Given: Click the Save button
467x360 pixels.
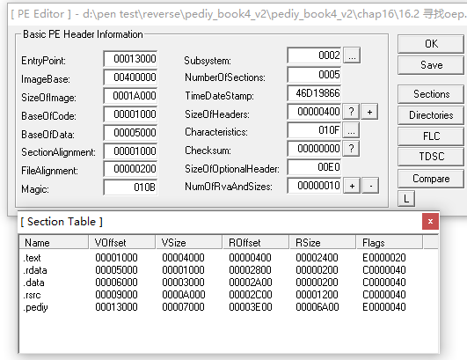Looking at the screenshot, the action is (x=431, y=65).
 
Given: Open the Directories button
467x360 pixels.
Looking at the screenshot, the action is (x=431, y=115).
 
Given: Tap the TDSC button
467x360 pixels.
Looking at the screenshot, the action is (x=431, y=156).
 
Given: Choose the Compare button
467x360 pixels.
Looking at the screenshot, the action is (x=431, y=179).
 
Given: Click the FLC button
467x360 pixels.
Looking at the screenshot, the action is (x=431, y=136).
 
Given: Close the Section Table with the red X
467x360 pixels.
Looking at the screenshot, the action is (x=430, y=221).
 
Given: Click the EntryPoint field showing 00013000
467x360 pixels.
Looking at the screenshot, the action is (x=130, y=59).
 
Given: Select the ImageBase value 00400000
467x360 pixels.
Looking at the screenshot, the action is (x=130, y=77).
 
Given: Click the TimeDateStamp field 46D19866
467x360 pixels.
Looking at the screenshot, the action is (x=314, y=93).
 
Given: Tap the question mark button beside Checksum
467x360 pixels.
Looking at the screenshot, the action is (x=351, y=149).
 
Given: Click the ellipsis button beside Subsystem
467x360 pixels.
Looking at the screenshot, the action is (x=352, y=55).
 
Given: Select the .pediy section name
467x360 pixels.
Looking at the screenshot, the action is (x=35, y=307).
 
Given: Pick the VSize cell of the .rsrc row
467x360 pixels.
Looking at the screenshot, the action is (x=184, y=295).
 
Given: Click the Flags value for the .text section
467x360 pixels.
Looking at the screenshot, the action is (x=384, y=258).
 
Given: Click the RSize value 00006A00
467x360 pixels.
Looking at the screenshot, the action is (x=317, y=307).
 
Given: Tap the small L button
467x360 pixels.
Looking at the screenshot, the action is (x=406, y=198).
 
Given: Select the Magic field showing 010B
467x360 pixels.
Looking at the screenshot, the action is (x=130, y=187).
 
